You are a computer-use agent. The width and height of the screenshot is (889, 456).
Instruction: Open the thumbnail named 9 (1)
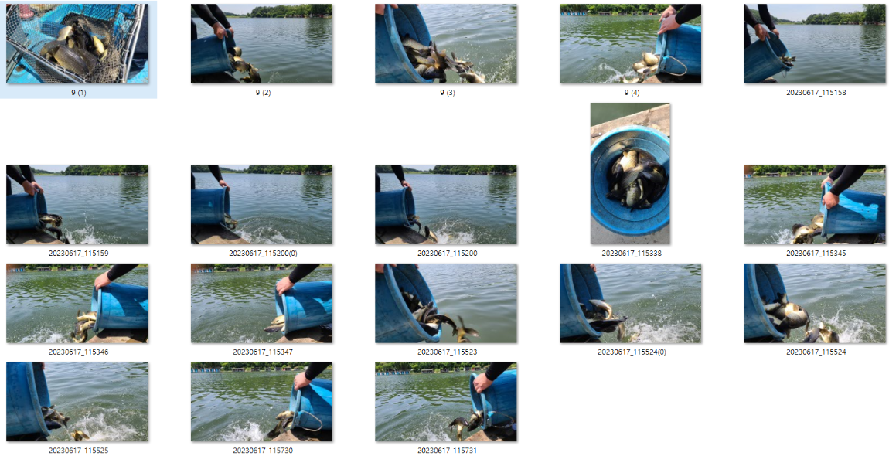pos(77,44)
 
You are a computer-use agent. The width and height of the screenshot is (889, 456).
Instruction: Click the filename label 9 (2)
pos(262,93)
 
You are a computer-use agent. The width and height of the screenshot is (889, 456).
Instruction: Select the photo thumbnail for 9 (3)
pos(445,44)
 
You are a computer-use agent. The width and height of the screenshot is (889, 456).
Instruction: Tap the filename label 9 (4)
pos(631,93)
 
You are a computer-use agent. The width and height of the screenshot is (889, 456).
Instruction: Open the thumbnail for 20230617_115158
pos(815,44)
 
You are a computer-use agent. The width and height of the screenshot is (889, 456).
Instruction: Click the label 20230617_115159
pos(77,254)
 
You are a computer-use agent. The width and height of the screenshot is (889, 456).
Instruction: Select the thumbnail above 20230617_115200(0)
pos(262,205)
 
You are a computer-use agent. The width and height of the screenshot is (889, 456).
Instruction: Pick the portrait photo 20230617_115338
pos(630,174)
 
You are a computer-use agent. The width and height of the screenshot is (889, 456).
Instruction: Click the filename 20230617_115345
pos(815,254)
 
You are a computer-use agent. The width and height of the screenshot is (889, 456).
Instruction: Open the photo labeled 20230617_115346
pos(77,304)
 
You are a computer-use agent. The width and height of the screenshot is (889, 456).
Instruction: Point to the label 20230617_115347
pos(262,352)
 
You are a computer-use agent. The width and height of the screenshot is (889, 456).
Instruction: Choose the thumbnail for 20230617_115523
pos(445,304)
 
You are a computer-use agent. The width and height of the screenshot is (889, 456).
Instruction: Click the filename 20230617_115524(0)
pos(631,352)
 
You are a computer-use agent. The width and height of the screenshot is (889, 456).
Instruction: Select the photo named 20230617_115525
pos(77,402)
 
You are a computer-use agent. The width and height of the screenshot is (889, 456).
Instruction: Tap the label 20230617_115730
pos(262,451)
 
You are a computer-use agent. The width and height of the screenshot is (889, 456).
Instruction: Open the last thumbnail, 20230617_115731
pos(445,402)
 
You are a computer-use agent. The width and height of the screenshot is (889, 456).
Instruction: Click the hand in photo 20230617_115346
pos(104,281)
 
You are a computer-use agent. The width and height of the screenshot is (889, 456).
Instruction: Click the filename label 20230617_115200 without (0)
pos(446,254)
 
